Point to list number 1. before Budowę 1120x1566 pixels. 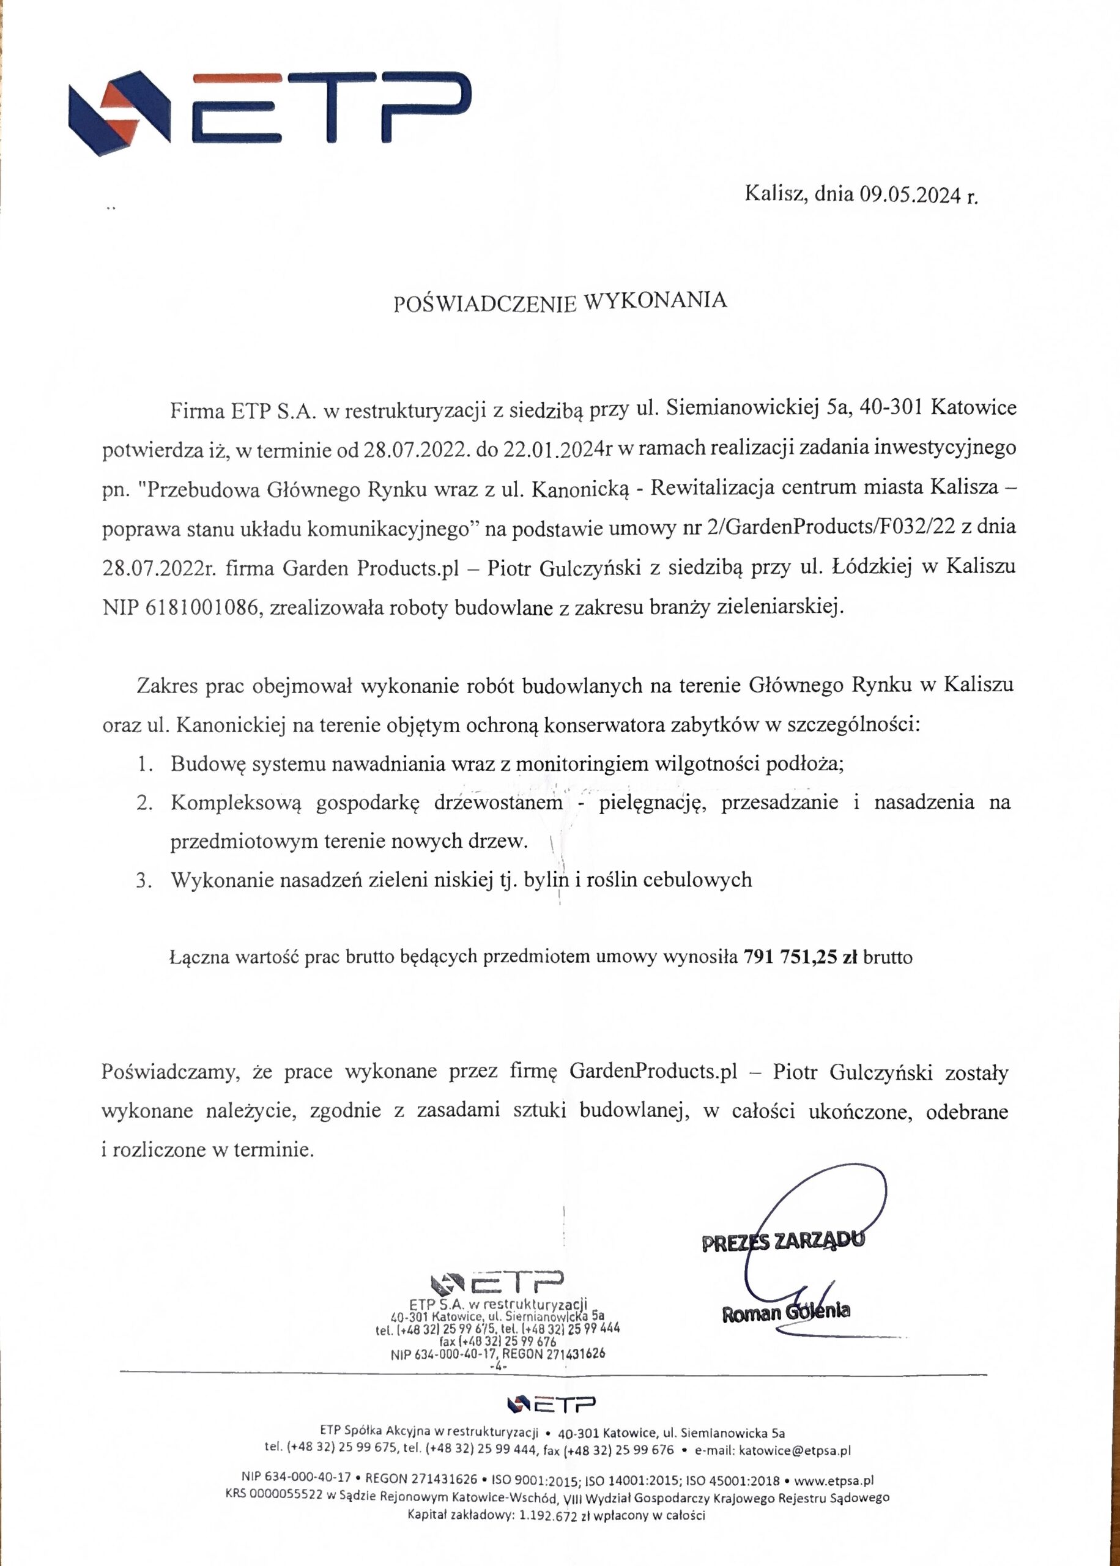(x=144, y=764)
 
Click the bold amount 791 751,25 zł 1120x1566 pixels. (x=801, y=957)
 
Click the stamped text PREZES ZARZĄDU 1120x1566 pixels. (x=783, y=1241)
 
